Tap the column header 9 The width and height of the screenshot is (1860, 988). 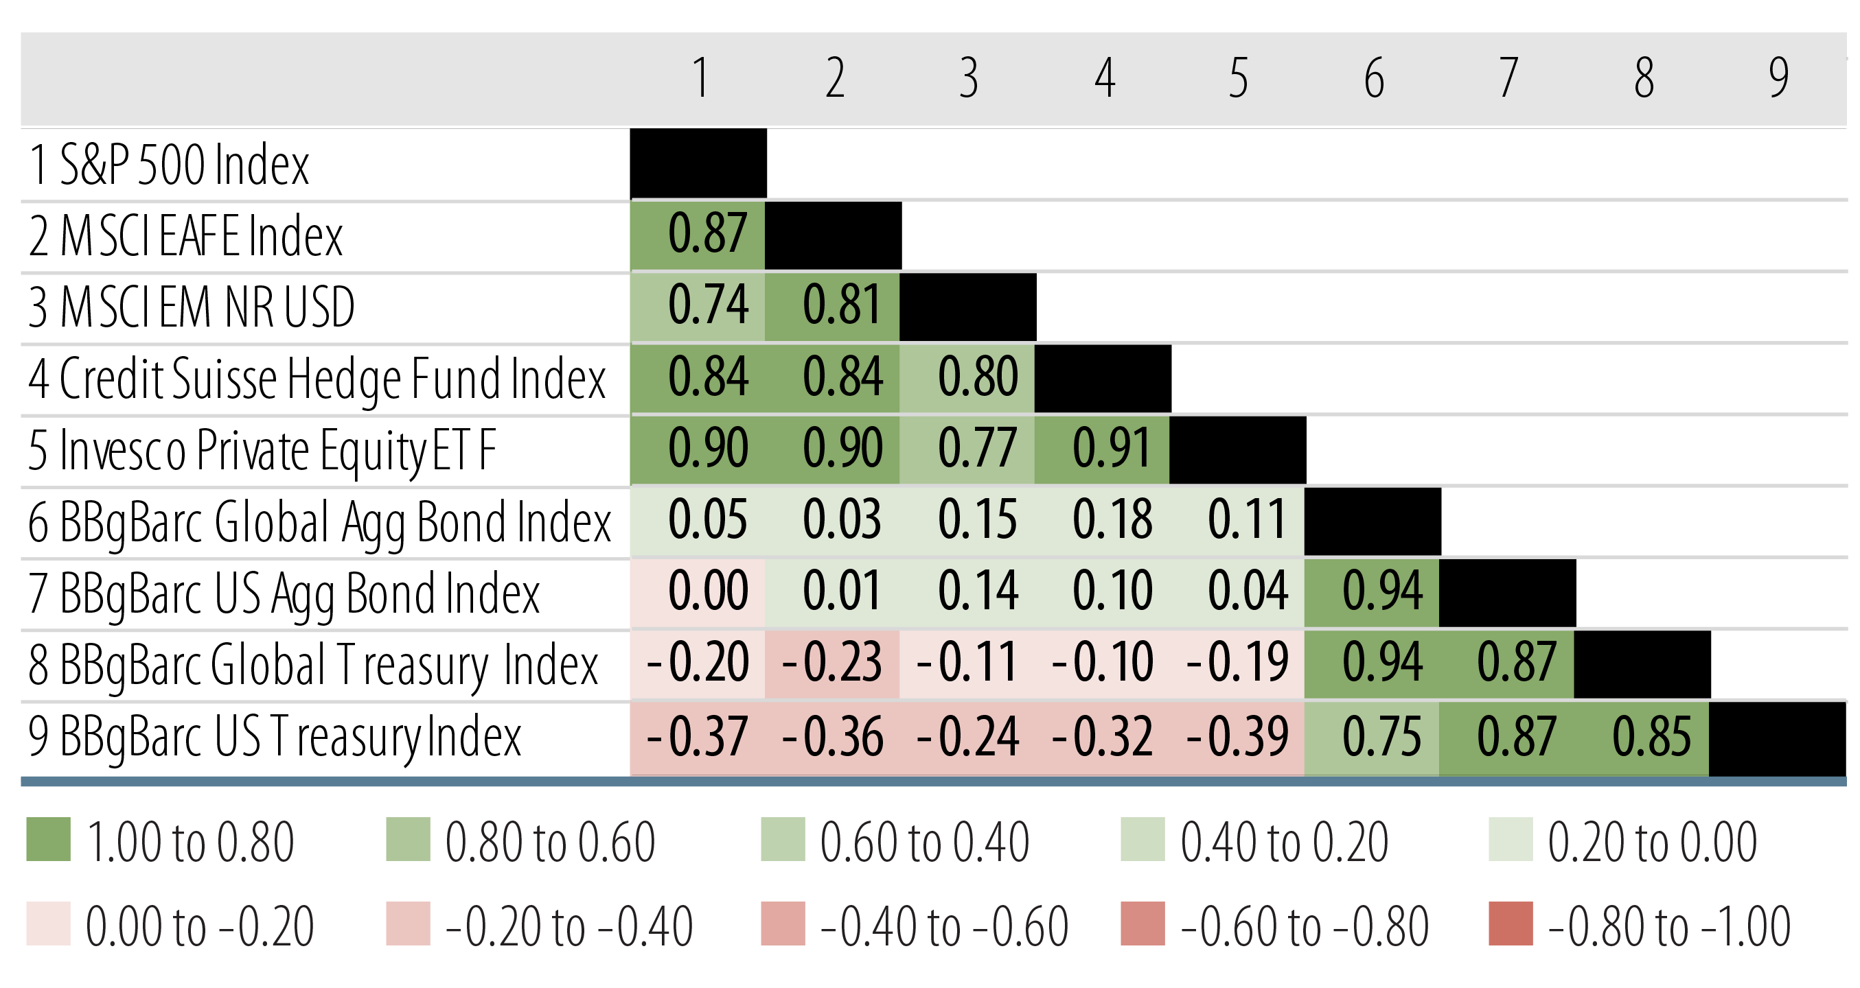click(1778, 78)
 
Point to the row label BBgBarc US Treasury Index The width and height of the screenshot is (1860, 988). click(275, 737)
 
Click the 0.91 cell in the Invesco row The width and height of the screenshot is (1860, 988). click(1102, 449)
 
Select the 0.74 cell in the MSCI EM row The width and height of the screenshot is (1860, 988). click(698, 306)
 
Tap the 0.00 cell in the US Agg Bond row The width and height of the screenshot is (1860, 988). click(698, 592)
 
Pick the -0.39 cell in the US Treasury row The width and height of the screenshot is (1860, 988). click(1237, 737)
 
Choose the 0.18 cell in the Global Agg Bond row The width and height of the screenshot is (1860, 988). click(1102, 520)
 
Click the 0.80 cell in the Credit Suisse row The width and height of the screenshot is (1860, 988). click(967, 377)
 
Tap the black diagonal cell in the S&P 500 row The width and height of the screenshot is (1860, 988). click(698, 163)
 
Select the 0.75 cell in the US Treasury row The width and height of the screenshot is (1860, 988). click(1372, 737)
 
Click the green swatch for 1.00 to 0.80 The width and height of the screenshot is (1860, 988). click(48, 839)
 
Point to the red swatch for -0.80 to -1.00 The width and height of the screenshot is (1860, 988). click(1511, 924)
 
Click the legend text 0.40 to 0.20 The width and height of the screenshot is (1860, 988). click(1284, 843)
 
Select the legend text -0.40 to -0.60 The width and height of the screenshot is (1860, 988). click(943, 927)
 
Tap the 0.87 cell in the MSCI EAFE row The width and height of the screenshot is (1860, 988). click(698, 235)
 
